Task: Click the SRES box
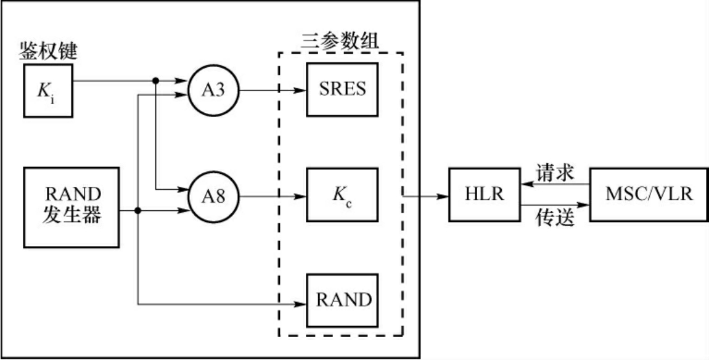tap(343, 89)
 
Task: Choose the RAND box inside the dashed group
tap(343, 300)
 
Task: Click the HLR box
tap(485, 194)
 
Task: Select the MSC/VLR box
tap(648, 194)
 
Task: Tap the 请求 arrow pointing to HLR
tap(555, 183)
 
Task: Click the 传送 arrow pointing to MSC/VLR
tap(555, 205)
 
